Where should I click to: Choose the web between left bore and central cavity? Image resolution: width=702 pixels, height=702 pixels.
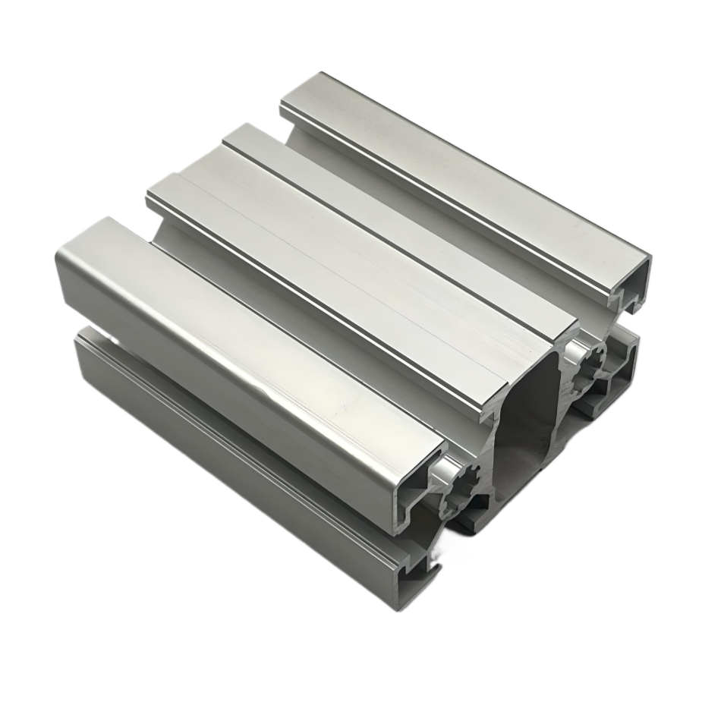click(490, 463)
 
